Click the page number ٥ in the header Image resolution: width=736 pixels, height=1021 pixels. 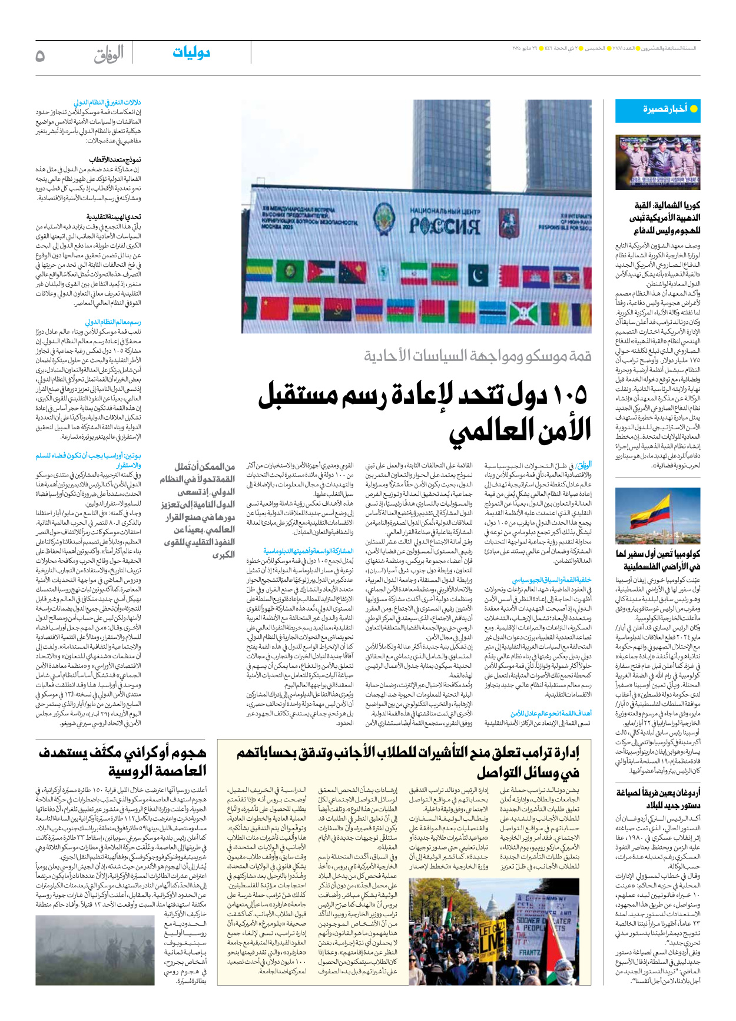(40, 55)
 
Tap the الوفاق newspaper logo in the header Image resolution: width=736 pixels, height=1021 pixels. (109, 54)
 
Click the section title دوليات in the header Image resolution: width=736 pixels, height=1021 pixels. (191, 53)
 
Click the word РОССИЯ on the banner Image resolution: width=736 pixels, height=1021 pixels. (444, 226)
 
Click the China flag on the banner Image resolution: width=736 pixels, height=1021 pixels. (273, 309)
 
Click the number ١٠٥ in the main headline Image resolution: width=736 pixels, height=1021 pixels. (563, 395)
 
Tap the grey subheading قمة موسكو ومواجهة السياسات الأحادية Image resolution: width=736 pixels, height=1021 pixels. (478, 356)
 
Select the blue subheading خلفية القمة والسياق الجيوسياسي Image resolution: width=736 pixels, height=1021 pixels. (551, 580)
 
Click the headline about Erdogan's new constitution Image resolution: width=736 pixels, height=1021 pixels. (658, 798)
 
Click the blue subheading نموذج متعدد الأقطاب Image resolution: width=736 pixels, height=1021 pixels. (115, 160)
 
